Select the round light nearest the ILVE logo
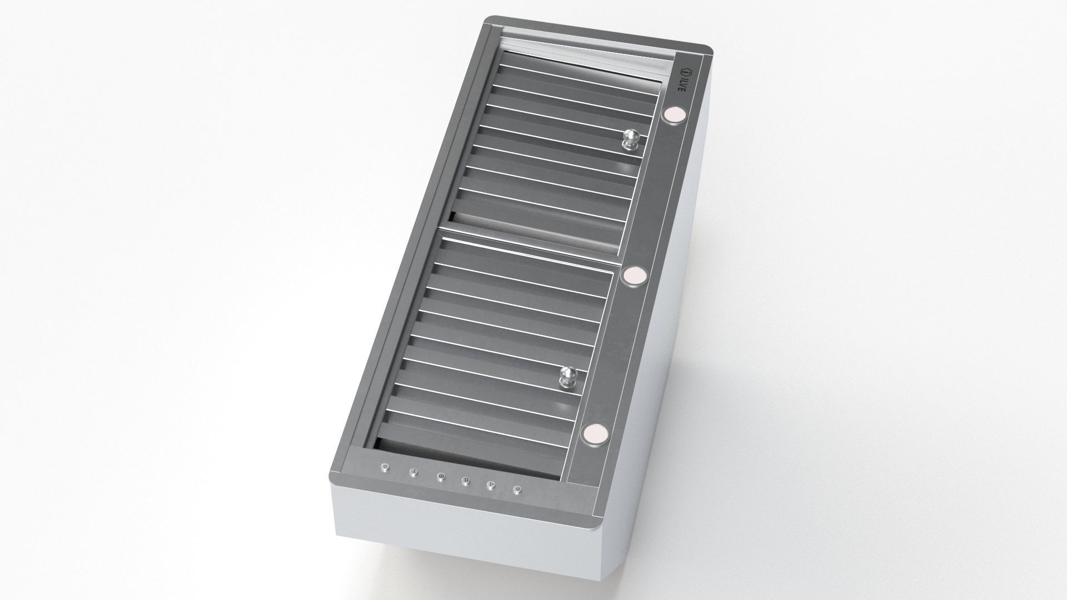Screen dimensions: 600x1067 674,115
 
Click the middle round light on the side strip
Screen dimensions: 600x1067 634,277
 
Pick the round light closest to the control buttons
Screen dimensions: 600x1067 594,433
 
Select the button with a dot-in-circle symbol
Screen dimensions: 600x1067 441,476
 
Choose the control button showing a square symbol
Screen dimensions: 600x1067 466,480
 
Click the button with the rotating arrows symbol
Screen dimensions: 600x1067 491,484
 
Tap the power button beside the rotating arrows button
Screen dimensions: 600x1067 517,489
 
